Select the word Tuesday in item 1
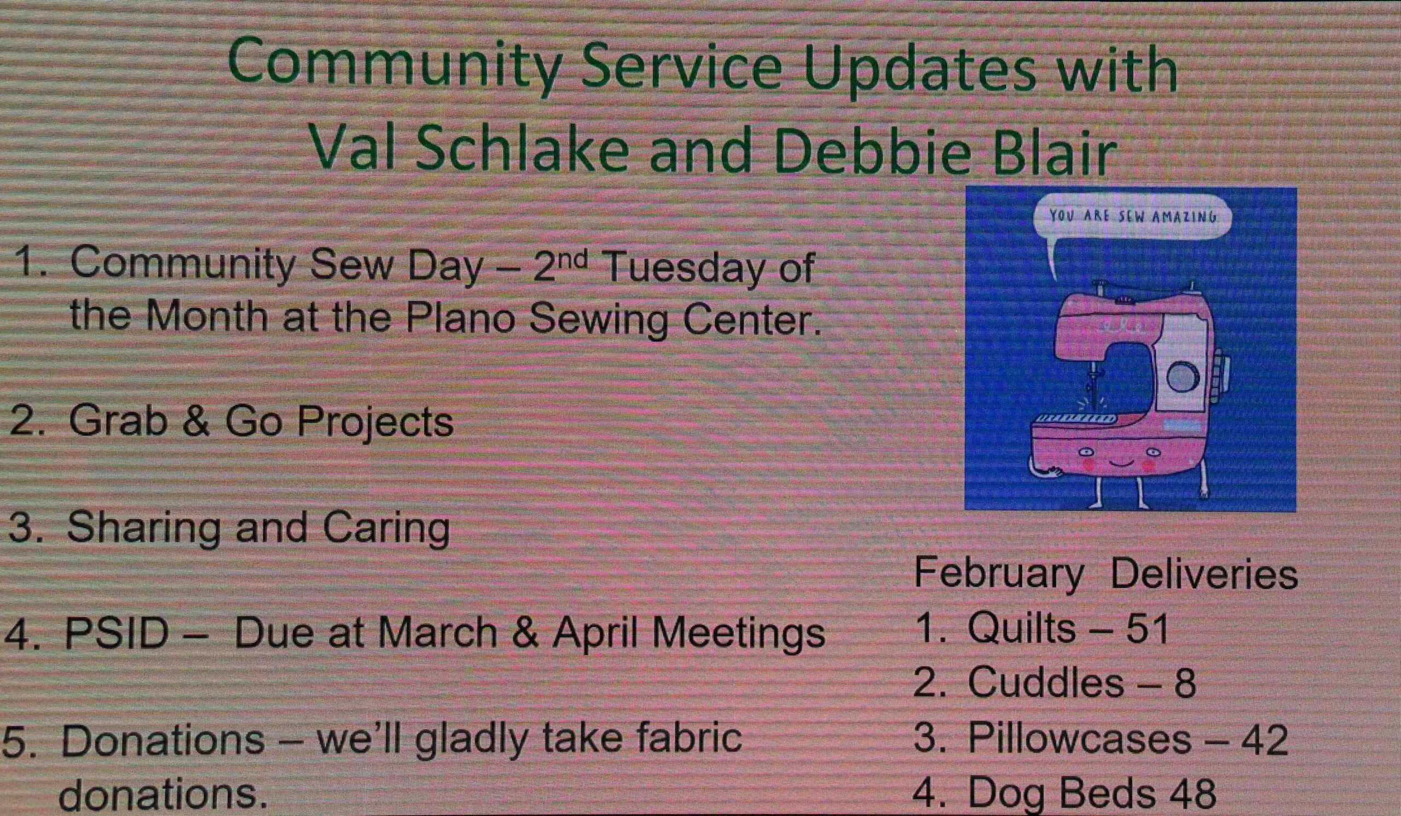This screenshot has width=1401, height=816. coord(684,269)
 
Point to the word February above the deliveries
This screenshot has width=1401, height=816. coord(998,574)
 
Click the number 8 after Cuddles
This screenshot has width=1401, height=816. coord(1184,684)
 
